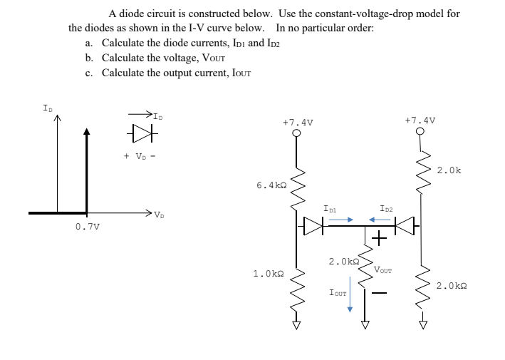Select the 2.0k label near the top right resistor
[x=448, y=170]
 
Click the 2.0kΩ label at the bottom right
[x=452, y=286]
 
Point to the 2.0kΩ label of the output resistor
[x=343, y=262]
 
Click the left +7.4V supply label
[x=296, y=123]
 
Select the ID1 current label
[x=330, y=209]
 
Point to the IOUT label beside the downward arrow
[x=338, y=292]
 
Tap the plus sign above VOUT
[x=379, y=238]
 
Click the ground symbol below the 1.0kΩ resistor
[x=296, y=326]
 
